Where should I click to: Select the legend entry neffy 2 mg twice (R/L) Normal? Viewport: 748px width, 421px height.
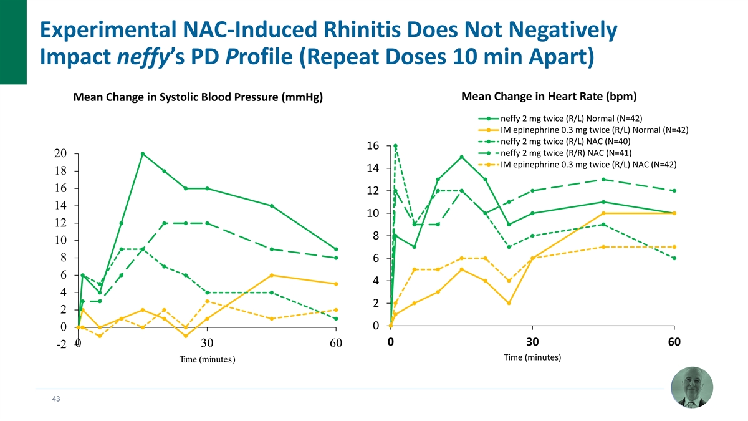571,119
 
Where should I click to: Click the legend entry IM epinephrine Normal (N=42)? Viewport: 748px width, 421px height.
593,130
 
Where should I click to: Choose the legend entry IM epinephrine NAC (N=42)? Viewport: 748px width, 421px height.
588,165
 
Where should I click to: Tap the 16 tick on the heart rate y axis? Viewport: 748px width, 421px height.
372,146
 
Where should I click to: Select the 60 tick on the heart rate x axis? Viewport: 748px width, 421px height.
674,342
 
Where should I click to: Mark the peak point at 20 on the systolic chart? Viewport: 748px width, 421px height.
143,153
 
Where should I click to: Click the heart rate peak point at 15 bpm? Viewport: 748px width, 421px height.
461,157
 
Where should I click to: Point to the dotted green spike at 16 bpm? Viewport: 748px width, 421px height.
395,146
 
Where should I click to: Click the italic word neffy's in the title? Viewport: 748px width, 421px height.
152,60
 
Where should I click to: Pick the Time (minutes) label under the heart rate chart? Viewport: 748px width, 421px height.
532,357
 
